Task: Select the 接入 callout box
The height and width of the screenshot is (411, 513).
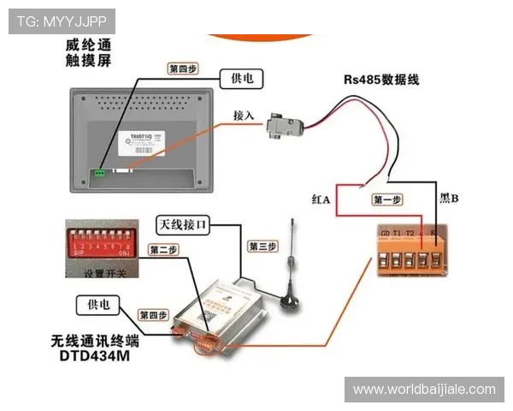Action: click(x=244, y=115)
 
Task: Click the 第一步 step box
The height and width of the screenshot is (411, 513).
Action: click(x=386, y=200)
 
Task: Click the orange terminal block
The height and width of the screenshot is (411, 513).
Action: click(x=413, y=249)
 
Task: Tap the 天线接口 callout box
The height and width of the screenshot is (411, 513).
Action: click(x=181, y=224)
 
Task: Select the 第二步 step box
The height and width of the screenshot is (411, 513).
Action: click(x=163, y=250)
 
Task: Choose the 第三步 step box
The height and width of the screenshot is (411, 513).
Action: click(x=262, y=247)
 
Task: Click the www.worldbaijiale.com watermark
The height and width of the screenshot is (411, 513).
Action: click(x=424, y=390)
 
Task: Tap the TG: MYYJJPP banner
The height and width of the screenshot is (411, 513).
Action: click(x=61, y=21)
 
